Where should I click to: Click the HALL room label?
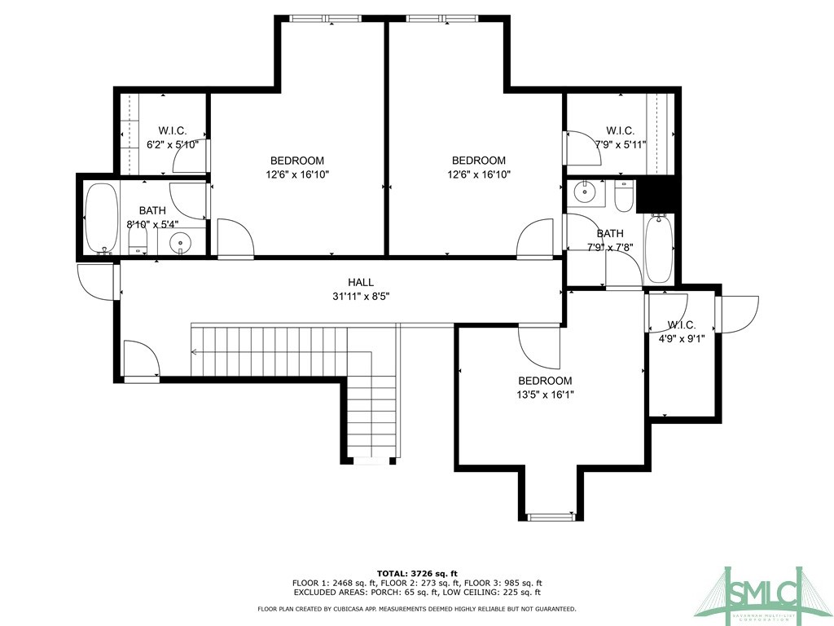point(361,283)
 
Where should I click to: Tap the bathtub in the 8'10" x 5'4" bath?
point(101,218)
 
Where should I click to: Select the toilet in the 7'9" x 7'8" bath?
point(623,196)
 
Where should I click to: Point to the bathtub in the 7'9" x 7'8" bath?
point(659,248)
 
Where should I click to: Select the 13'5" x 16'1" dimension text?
point(546,395)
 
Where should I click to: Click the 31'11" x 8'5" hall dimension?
point(361,297)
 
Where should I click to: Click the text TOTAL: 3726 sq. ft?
point(417,573)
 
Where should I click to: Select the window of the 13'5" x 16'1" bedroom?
point(551,516)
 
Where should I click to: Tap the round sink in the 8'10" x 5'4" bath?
point(181,244)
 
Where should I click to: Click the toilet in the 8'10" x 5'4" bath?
point(138,241)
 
